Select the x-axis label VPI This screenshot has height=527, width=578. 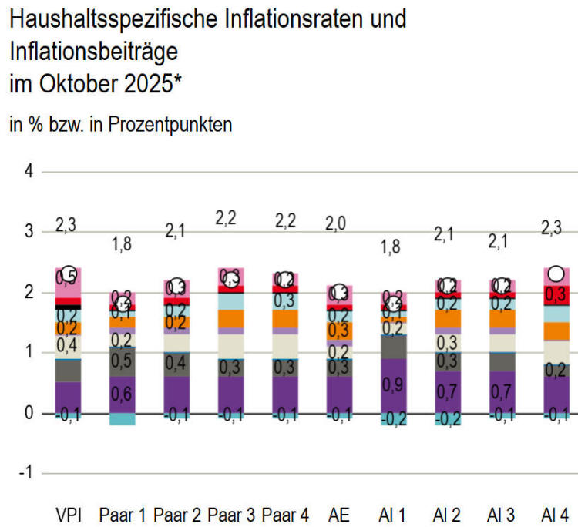[x=69, y=514]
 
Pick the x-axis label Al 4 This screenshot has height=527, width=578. [x=556, y=514]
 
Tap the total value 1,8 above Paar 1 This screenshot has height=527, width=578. [x=123, y=245]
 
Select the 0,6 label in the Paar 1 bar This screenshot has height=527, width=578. [x=123, y=394]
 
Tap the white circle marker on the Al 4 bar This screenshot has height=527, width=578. [x=556, y=274]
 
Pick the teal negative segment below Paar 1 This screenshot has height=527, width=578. [x=123, y=419]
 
